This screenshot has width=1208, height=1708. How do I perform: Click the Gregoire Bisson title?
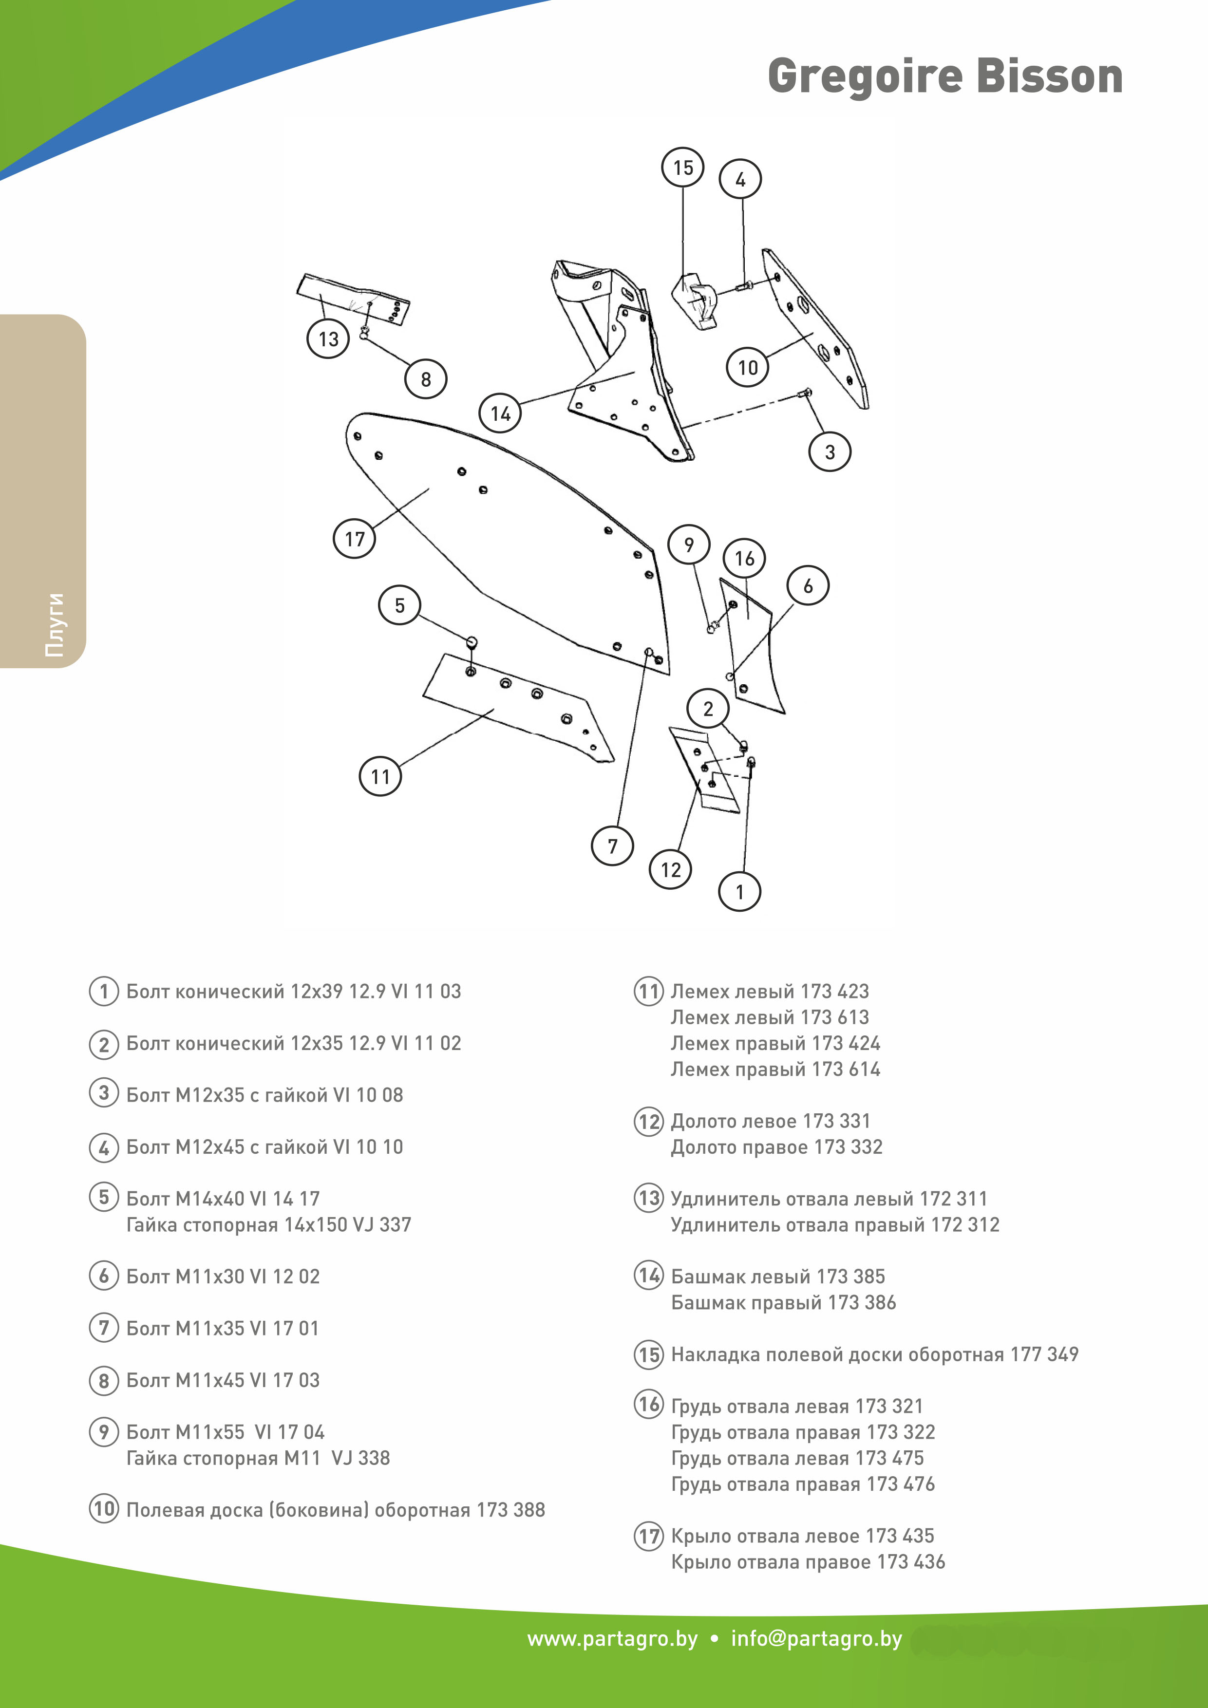tap(944, 76)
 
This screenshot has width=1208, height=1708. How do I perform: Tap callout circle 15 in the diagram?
tap(682, 168)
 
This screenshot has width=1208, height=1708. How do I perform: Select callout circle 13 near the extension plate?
tap(328, 339)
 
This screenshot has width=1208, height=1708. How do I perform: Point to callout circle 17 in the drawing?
tap(354, 539)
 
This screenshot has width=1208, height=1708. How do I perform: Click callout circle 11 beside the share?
tap(380, 777)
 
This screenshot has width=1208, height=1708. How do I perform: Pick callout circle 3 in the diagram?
tap(830, 451)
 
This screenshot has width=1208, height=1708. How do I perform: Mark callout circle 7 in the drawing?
tap(612, 846)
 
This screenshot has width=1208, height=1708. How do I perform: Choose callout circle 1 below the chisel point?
tap(739, 892)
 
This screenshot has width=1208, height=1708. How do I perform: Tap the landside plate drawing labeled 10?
tap(818, 327)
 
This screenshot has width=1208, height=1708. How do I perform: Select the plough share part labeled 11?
tap(521, 707)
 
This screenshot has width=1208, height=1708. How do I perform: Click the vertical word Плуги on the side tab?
tap(54, 625)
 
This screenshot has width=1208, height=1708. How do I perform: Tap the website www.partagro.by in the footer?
tap(612, 1639)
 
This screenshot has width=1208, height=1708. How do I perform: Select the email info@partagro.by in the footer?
tap(816, 1639)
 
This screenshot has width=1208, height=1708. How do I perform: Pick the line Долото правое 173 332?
tap(776, 1147)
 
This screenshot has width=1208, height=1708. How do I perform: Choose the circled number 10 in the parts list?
tap(103, 1509)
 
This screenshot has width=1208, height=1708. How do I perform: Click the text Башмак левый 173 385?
tap(777, 1276)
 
